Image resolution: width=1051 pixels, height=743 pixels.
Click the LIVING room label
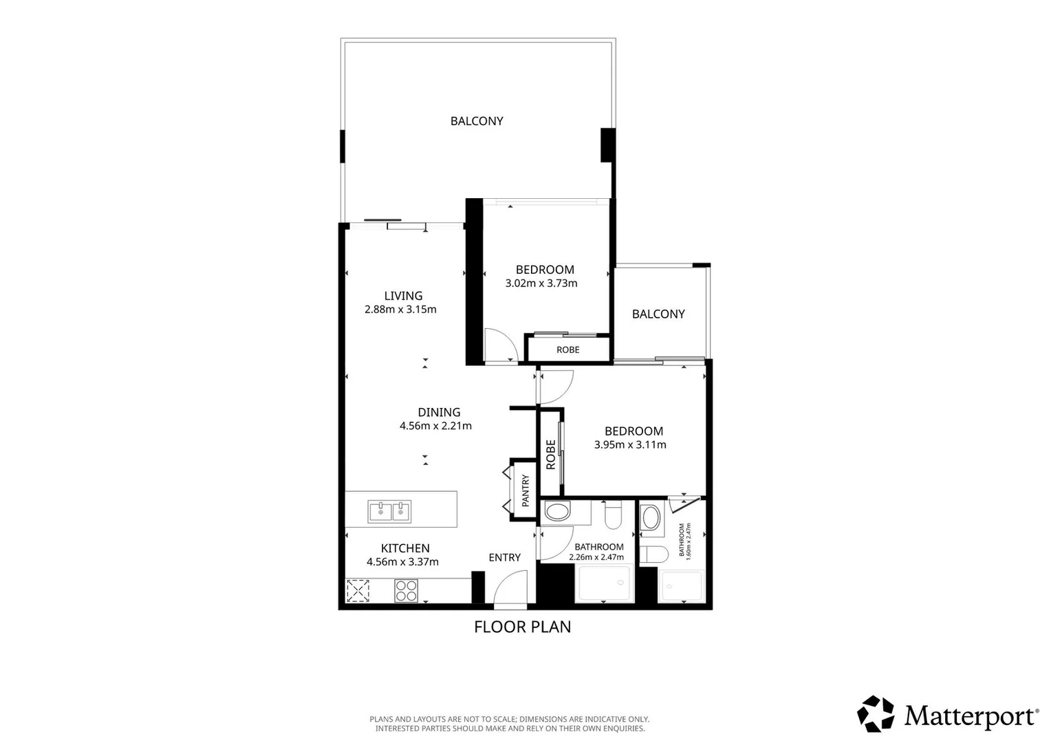click(x=403, y=296)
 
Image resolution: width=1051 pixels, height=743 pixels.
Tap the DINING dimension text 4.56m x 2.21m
click(x=435, y=426)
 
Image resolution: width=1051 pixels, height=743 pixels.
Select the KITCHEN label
click(x=405, y=548)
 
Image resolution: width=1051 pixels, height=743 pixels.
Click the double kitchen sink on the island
click(x=389, y=511)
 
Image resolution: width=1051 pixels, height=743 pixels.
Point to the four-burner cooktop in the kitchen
click(x=406, y=591)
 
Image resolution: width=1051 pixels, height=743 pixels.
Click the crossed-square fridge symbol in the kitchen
click(x=358, y=591)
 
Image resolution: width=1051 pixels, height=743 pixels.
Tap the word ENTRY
click(x=504, y=558)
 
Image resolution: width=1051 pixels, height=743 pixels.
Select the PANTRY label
click(x=525, y=491)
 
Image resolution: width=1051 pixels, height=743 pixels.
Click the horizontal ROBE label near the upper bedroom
click(x=567, y=349)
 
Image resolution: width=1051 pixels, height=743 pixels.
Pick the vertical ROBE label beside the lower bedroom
click(x=551, y=454)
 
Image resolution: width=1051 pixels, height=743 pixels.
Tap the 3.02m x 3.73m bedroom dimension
click(x=541, y=283)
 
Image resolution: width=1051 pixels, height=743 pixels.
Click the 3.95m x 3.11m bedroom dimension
click(x=629, y=444)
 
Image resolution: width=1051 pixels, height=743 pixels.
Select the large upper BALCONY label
click(x=477, y=121)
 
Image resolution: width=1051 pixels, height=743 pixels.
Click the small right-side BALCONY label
click(x=658, y=314)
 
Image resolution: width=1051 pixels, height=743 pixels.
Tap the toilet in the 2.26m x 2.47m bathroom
click(x=613, y=515)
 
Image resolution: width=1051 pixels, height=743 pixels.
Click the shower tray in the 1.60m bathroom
click(x=681, y=586)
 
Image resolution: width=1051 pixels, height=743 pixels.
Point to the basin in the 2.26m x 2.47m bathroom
click(x=557, y=512)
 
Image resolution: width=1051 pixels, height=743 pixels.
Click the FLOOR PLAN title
click(x=522, y=627)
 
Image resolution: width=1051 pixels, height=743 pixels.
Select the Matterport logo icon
click(x=876, y=714)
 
